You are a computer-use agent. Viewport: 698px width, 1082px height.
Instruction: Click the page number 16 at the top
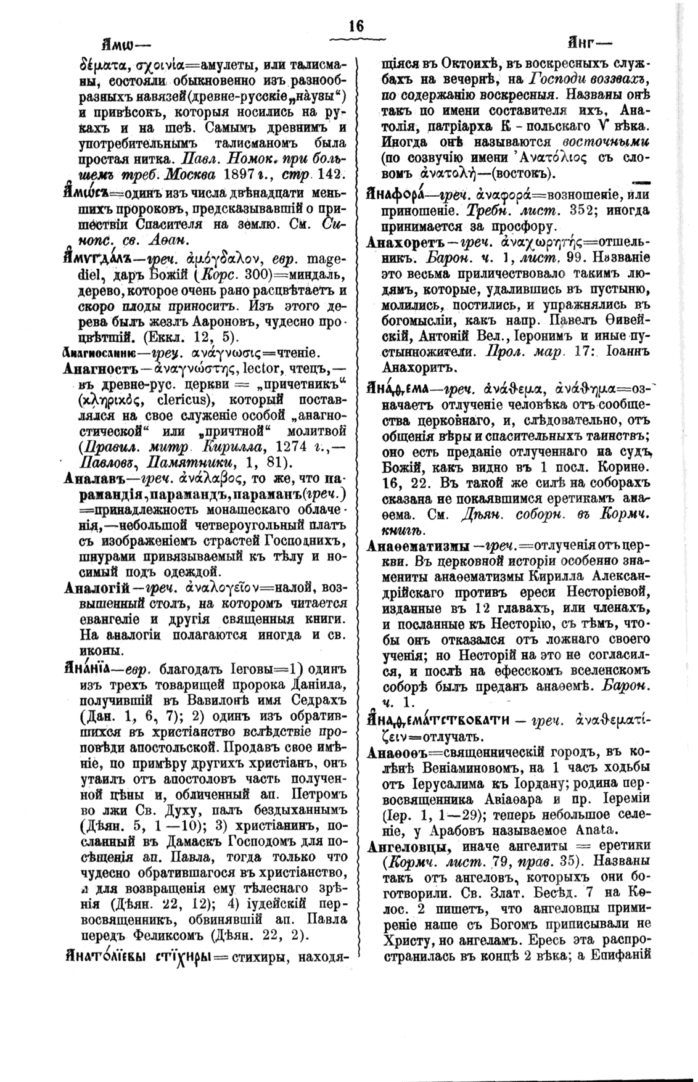coord(356,26)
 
